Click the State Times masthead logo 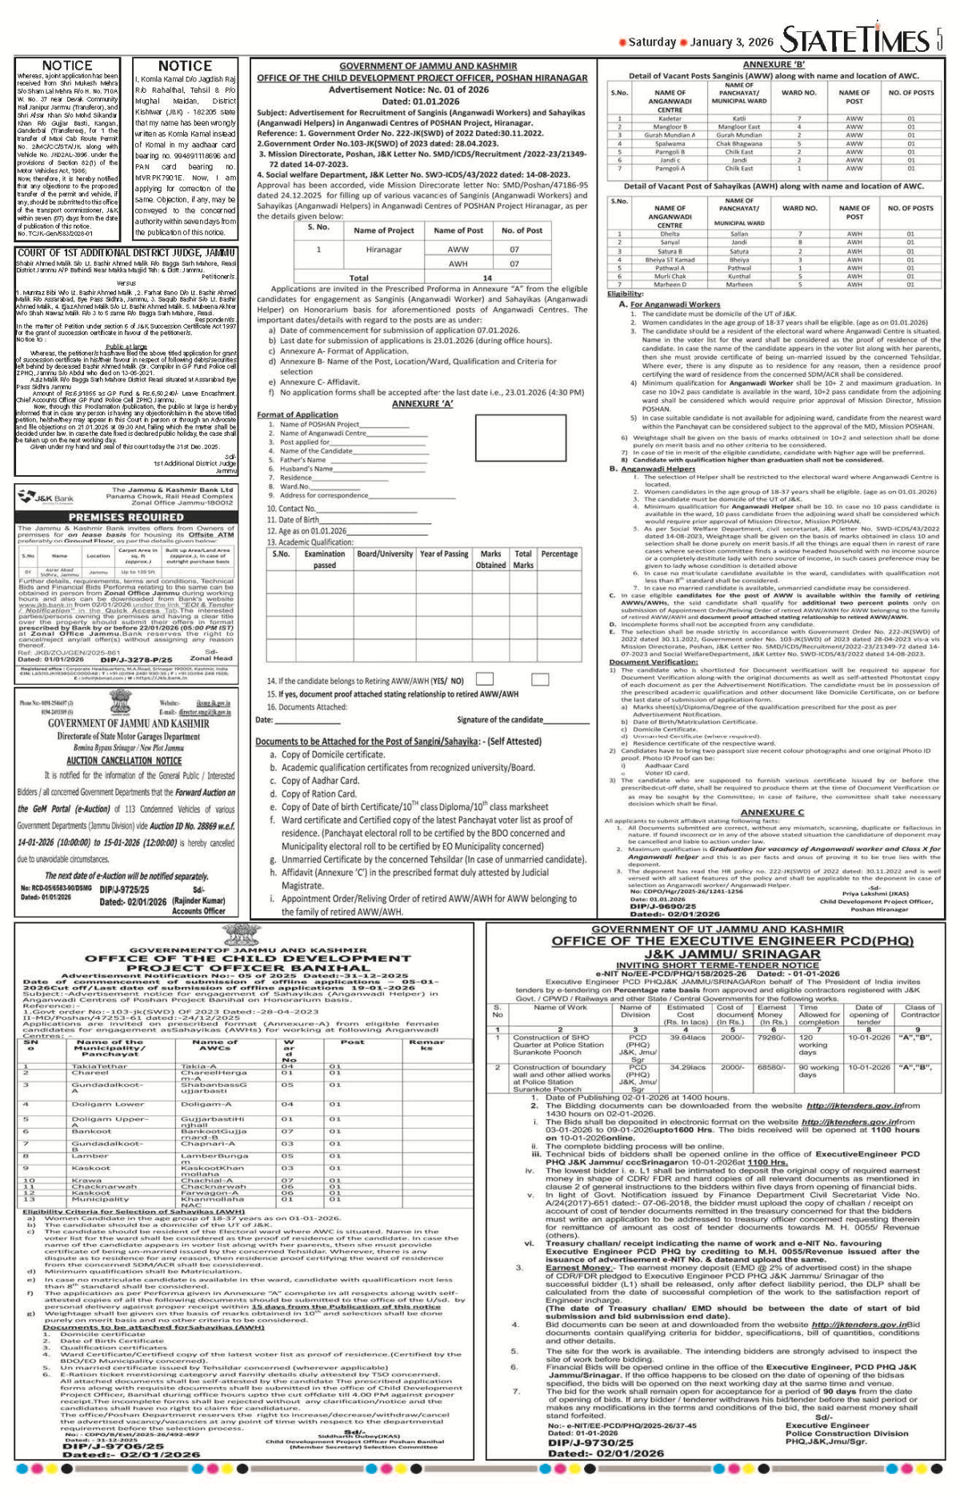coord(855,39)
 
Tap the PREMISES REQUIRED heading coord(126,517)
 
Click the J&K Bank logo coord(46,498)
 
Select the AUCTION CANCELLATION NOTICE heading coord(124,760)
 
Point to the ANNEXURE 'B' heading coord(774,65)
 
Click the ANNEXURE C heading coord(772,812)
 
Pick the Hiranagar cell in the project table coord(383,250)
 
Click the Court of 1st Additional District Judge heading coord(126,253)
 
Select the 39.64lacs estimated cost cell coord(687,1037)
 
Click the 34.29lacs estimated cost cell coord(687,1067)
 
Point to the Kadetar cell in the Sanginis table coord(670,118)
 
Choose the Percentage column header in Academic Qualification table coord(559,554)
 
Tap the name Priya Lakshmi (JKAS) coord(875,893)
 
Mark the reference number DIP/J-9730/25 coord(593,1443)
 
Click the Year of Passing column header coord(444,554)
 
